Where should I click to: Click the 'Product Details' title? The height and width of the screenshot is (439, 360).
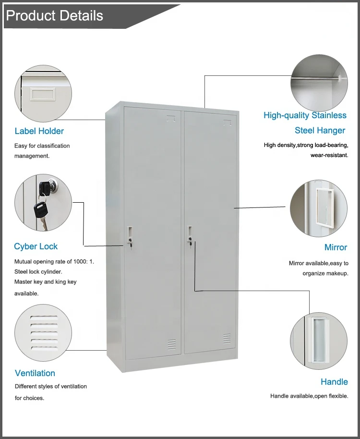pyautogui.click(x=54, y=16)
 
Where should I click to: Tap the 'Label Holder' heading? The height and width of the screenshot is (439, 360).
pyautogui.click(x=39, y=131)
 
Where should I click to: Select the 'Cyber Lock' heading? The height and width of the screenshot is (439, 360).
pyautogui.click(x=36, y=246)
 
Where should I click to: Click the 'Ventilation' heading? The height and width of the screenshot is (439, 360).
pyautogui.click(x=35, y=373)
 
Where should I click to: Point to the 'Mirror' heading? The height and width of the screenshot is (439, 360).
pyautogui.click(x=336, y=247)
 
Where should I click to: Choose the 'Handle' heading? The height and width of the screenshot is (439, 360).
pyautogui.click(x=334, y=382)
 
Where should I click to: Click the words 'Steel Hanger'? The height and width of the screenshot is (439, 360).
pyautogui.click(x=320, y=130)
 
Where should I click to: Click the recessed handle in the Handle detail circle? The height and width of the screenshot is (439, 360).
pyautogui.click(x=318, y=339)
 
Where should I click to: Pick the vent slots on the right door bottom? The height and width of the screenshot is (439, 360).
pyautogui.click(x=226, y=339)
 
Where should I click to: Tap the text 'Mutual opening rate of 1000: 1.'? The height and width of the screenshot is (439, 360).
pyautogui.click(x=54, y=262)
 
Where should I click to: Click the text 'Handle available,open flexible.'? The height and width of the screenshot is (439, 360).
pyautogui.click(x=309, y=396)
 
